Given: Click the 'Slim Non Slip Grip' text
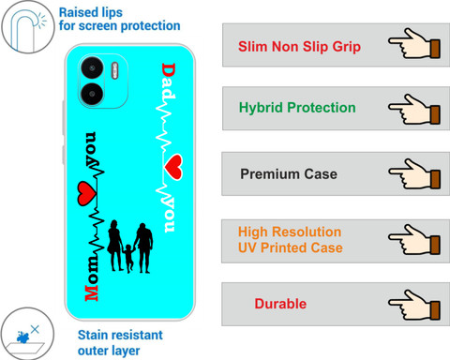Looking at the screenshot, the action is click(299, 47).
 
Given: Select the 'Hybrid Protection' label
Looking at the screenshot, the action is click(297, 108).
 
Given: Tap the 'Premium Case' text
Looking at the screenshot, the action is click(289, 174).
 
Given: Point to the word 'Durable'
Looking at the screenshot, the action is click(280, 304).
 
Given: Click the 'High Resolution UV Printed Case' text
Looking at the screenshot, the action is click(291, 240).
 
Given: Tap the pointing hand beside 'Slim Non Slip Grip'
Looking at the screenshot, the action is click(414, 44).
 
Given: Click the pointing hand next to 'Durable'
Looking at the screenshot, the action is click(414, 305).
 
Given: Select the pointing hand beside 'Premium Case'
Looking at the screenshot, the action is click(414, 174).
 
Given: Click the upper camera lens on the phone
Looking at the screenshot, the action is click(92, 67).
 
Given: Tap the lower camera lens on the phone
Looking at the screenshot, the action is click(92, 94).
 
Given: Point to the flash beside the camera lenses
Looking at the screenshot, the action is click(115, 70).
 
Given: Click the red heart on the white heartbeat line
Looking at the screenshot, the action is click(173, 167).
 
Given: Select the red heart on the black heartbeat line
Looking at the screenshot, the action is click(86, 194).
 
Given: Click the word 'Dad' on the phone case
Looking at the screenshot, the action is click(169, 81).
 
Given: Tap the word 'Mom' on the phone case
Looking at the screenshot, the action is click(92, 278).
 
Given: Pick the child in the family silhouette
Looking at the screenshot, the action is click(128, 259).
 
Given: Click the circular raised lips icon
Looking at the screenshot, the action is click(28, 27).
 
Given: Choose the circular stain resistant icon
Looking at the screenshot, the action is click(27, 334).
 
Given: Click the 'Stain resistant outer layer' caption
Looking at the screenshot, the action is click(120, 343).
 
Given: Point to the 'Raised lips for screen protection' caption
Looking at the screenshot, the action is click(120, 20).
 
